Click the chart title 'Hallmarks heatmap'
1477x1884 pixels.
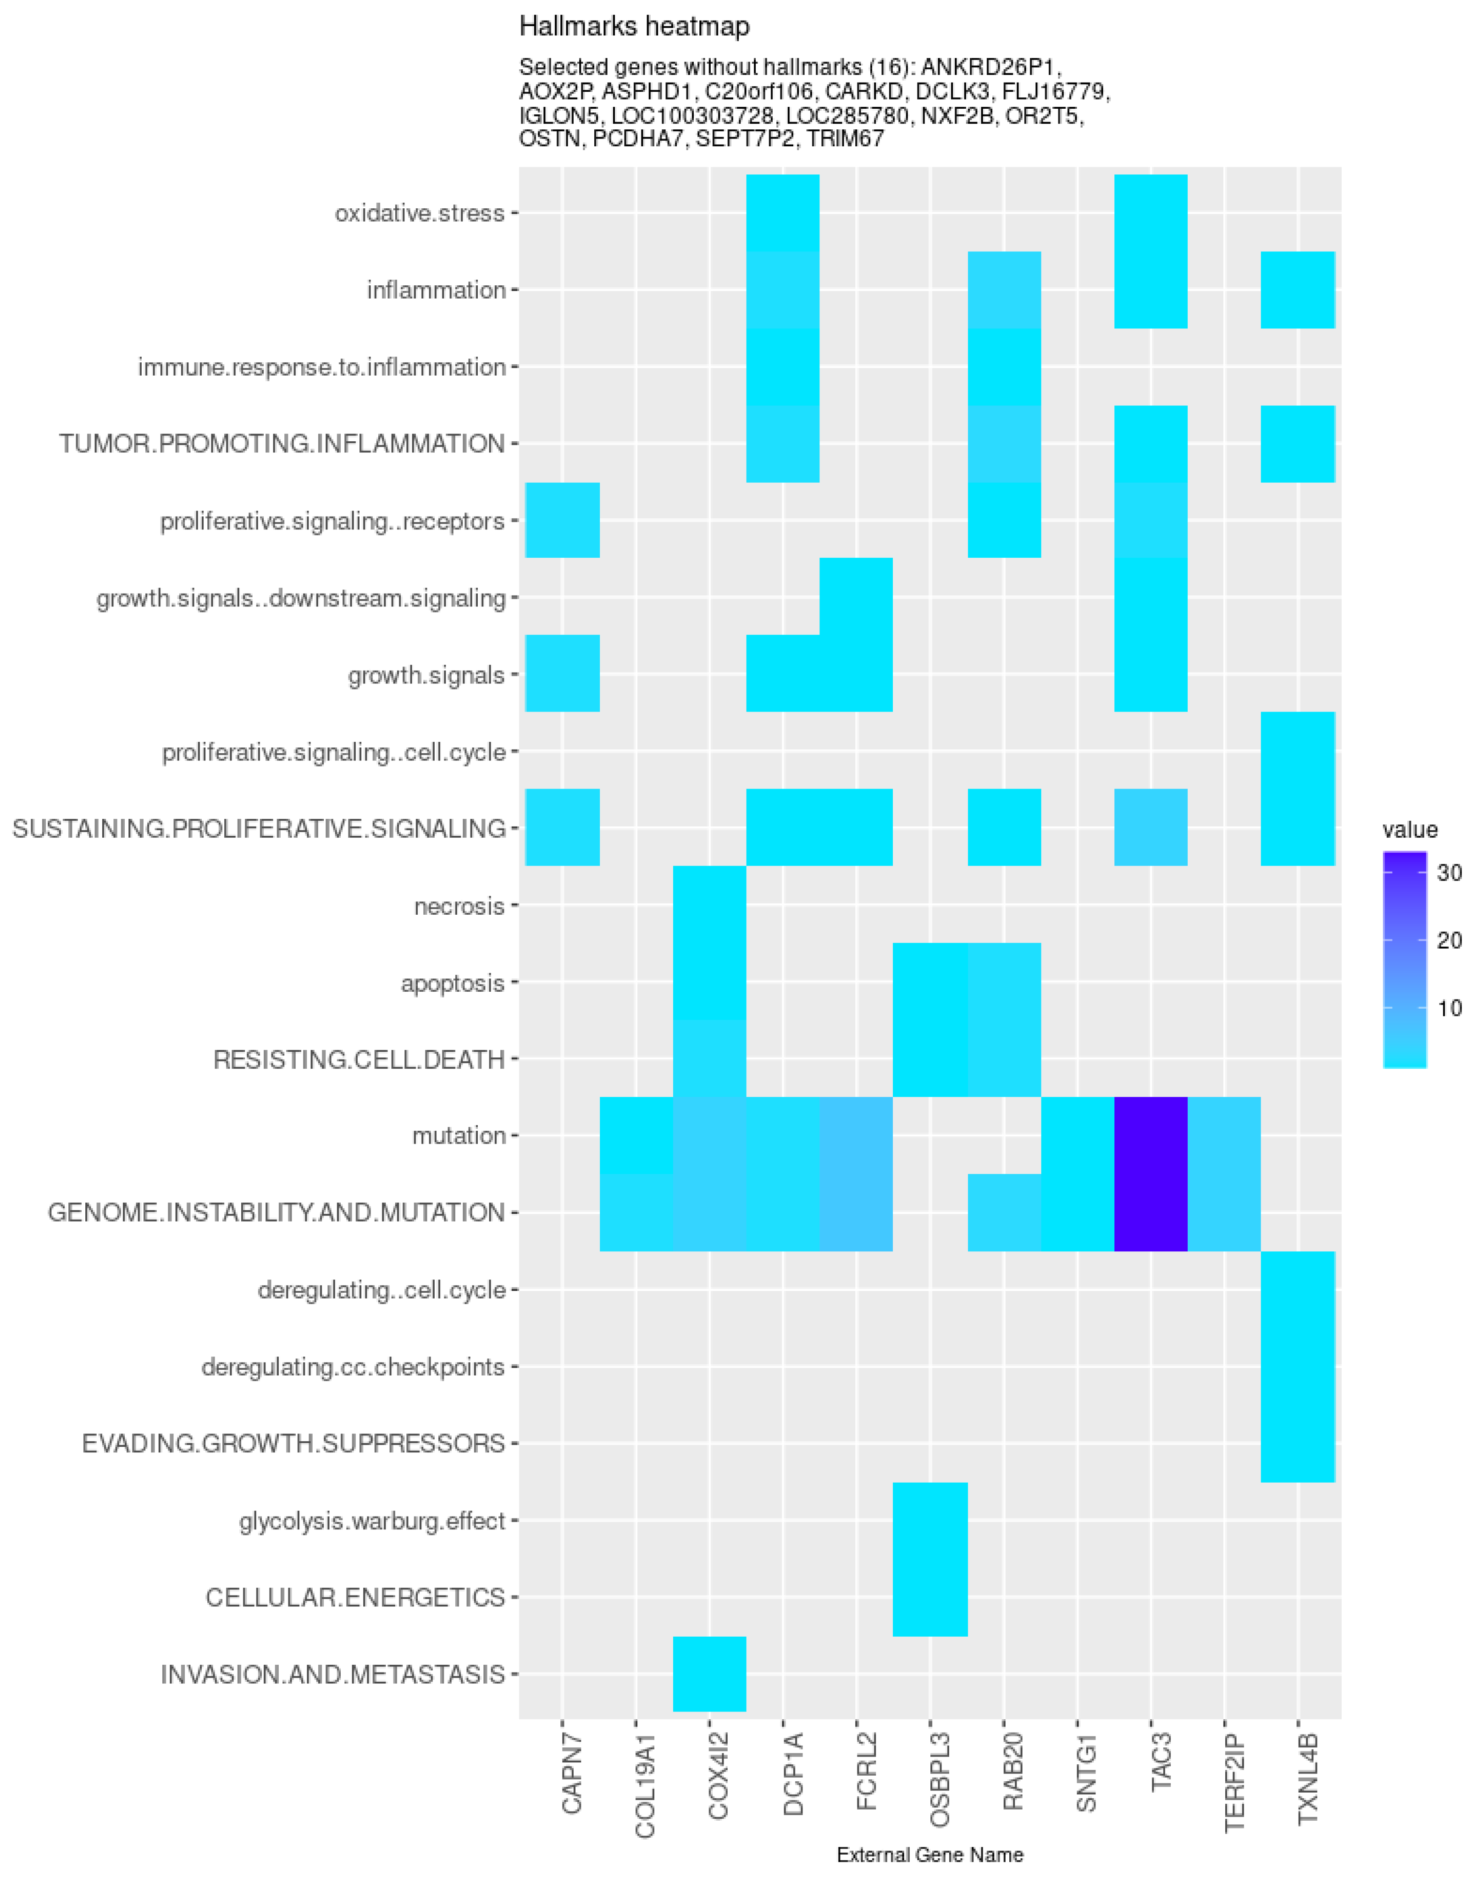coord(634,27)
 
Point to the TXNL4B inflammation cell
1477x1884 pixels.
coord(1297,290)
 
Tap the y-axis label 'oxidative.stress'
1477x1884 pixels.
coord(420,213)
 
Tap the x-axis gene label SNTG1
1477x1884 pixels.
coord(1086,1784)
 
